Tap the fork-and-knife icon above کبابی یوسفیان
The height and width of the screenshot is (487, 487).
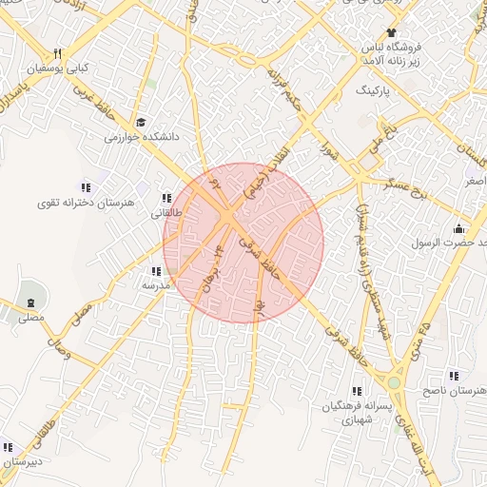coord(57,53)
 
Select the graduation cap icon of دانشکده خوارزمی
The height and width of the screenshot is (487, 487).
coord(142,123)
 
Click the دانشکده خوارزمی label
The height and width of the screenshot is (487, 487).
coord(143,138)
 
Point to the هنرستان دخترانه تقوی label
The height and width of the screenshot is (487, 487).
coord(87,203)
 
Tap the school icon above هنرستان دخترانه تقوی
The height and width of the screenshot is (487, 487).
coord(87,187)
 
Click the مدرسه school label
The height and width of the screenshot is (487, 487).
coord(155,284)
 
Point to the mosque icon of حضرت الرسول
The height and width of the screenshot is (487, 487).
coord(459,228)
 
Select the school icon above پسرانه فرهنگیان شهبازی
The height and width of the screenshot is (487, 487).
coord(357,391)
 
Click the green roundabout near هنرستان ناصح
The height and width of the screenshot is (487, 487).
coord(393,382)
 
